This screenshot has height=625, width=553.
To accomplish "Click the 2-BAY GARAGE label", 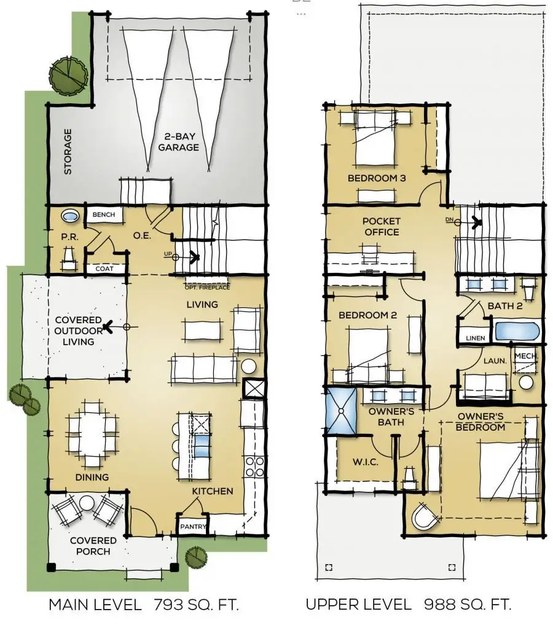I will pyautogui.click(x=178, y=142).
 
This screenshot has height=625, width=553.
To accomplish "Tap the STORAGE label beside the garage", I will pyautogui.click(x=68, y=151).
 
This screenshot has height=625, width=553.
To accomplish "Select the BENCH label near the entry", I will pyautogui.click(x=104, y=215).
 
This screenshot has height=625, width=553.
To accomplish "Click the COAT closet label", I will pyautogui.click(x=104, y=269).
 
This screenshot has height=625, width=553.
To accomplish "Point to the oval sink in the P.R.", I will pyautogui.click(x=69, y=217).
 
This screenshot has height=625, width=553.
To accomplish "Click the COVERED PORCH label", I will pyautogui.click(x=93, y=546).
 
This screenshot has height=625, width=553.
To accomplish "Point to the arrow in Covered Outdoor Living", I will pyautogui.click(x=108, y=327).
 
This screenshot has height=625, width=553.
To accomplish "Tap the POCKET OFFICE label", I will pyautogui.click(x=381, y=226).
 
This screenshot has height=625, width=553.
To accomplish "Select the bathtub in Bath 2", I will pyautogui.click(x=517, y=331).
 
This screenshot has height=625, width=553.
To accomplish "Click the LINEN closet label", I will pyautogui.click(x=474, y=338).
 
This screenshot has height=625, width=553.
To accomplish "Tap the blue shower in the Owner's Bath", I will pyautogui.click(x=341, y=411).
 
